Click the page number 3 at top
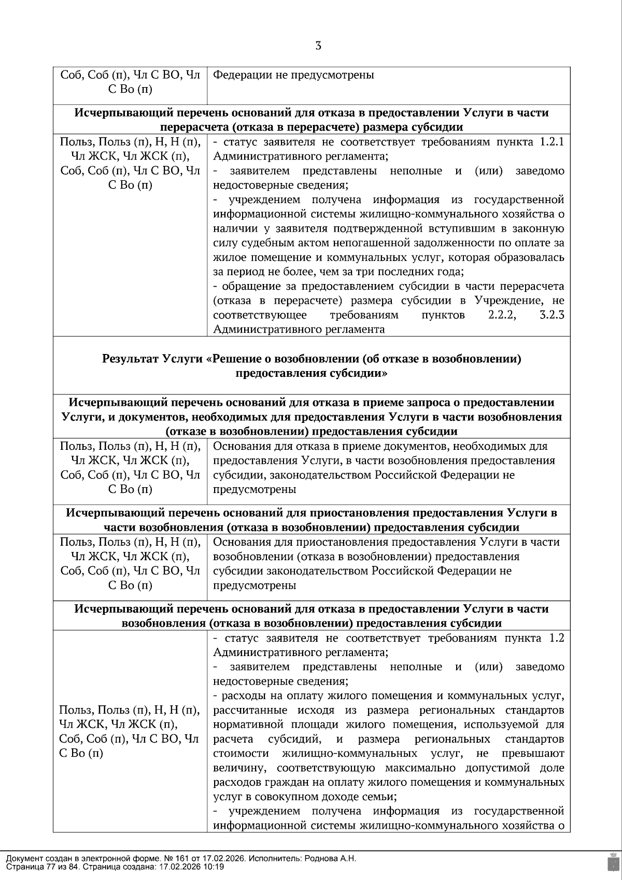318,46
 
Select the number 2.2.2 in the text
502,315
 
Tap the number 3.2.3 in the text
552,315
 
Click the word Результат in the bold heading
131,358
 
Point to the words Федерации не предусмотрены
293,75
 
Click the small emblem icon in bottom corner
613,862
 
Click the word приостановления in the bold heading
359,513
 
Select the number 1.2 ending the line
556,637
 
